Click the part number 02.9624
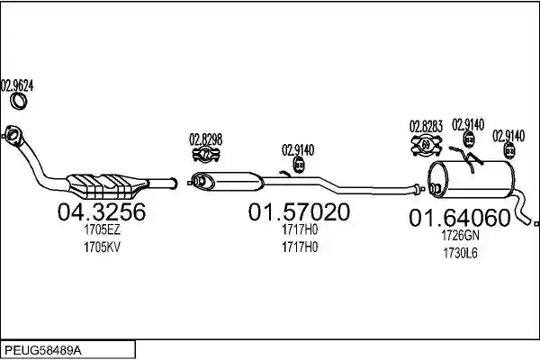pos(17,85)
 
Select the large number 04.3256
pos(102,211)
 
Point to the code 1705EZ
pos(102,229)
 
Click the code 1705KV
pos(102,247)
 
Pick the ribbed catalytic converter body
pos(107,185)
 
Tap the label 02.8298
pos(205,139)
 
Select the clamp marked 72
pos(206,155)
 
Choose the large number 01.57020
pos(299,211)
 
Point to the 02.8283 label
pos(426,126)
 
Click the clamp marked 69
pos(427,145)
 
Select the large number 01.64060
pos(459,218)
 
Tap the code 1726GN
pos(460,236)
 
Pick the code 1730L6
pos(460,253)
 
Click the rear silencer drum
pos(471,179)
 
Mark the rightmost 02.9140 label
pos(508,136)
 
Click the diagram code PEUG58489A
pos(43,351)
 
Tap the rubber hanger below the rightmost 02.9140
pos(509,151)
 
